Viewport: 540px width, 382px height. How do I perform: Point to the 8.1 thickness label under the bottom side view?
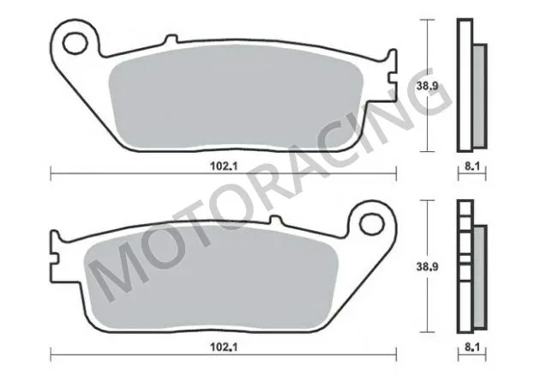[x=471, y=348]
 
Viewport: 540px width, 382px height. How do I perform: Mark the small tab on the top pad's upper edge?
[x=170, y=38]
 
